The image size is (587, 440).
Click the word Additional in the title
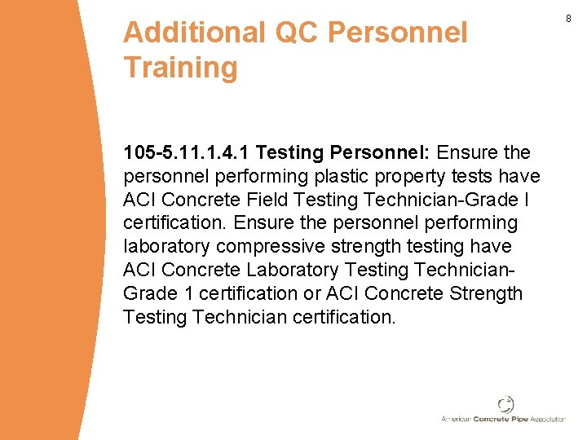pyautogui.click(x=194, y=33)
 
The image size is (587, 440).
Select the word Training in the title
pyautogui.click(x=180, y=67)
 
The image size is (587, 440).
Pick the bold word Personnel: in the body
pyautogui.click(x=381, y=152)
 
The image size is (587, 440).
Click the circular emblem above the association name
pyautogui.click(x=506, y=404)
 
